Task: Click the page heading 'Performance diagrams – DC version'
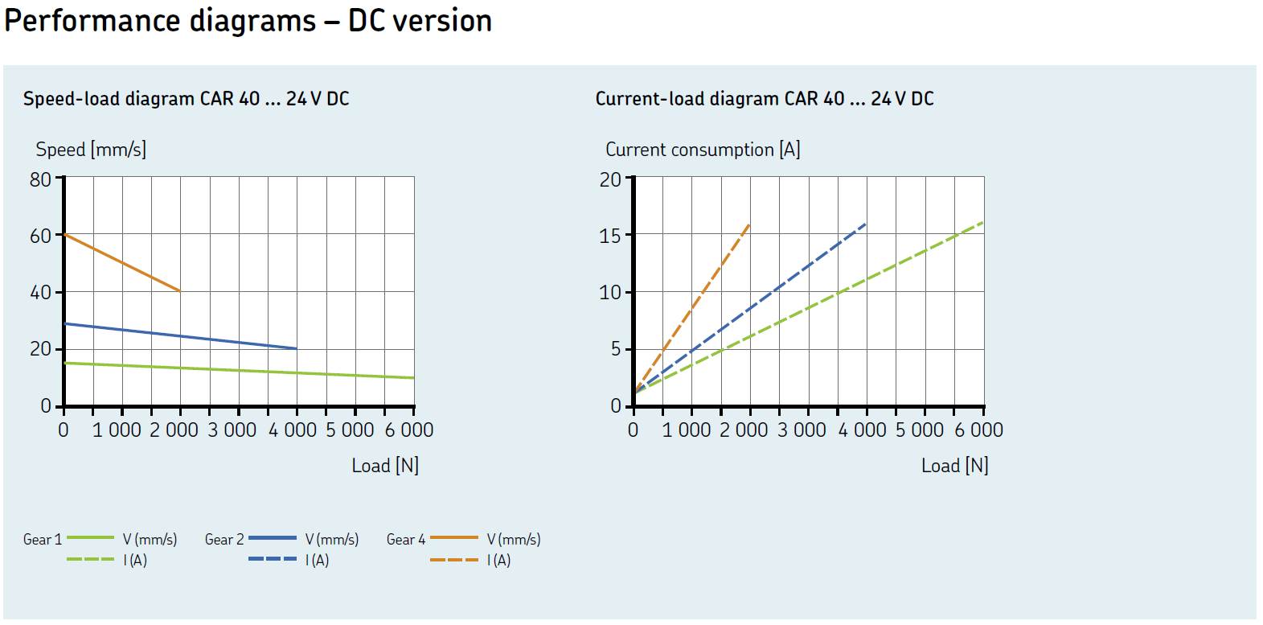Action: [x=248, y=21]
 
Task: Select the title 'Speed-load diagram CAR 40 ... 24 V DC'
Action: [x=186, y=99]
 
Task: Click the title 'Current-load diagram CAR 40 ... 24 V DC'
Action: [x=764, y=99]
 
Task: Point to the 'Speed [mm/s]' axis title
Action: [x=91, y=150]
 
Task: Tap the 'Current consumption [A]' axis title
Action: [x=702, y=150]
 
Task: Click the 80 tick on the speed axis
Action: [x=40, y=179]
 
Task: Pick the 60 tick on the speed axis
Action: [x=40, y=236]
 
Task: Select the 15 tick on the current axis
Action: [x=610, y=236]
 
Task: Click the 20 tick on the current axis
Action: [x=610, y=179]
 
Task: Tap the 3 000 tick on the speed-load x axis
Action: [x=232, y=430]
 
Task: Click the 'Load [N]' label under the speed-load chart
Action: [x=385, y=466]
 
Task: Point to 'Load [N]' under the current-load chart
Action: [x=954, y=466]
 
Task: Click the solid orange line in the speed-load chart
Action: [x=122, y=263]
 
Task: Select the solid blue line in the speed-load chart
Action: [x=180, y=336]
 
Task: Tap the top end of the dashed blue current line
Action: [x=865, y=224]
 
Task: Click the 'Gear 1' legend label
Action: [x=42, y=540]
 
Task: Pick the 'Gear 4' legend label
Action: [x=405, y=540]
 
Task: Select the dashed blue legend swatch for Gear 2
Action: [x=272, y=559]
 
